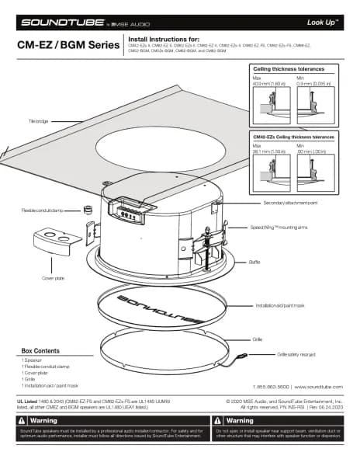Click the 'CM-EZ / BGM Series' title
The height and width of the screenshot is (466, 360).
point(61,45)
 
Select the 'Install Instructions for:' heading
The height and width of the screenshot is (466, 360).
point(163,38)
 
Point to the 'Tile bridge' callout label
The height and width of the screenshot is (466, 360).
point(39,122)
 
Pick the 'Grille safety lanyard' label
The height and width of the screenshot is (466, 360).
point(299,355)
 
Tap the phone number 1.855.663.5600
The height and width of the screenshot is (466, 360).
point(270,386)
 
